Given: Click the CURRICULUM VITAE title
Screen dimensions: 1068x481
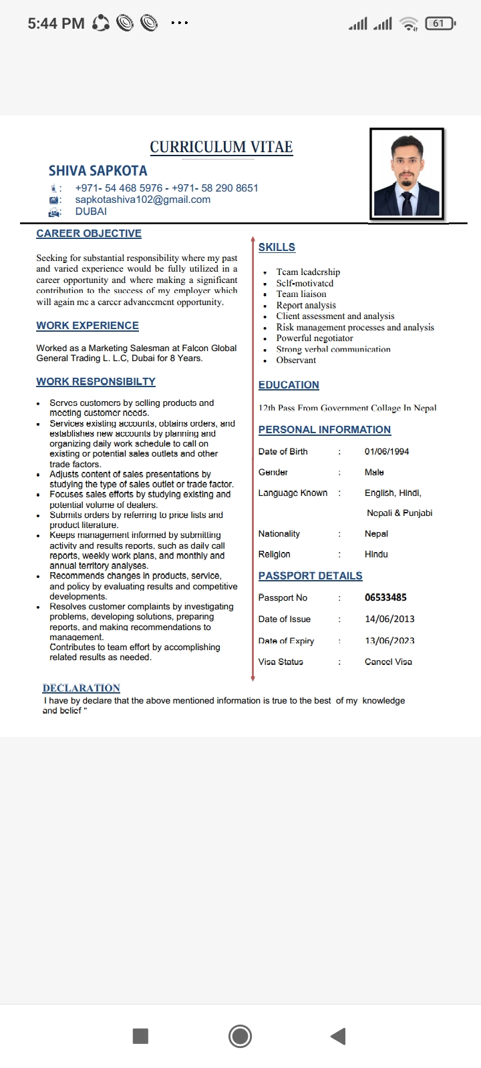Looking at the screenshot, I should click(221, 147).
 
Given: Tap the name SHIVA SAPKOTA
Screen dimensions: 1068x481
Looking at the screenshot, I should click(98, 171).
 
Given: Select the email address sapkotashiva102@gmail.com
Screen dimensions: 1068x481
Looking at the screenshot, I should click(142, 200).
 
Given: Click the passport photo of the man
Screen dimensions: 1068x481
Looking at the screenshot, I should click(406, 174).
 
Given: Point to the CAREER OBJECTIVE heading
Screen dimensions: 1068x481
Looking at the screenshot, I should click(89, 234).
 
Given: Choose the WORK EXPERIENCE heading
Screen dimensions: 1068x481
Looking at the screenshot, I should click(88, 326).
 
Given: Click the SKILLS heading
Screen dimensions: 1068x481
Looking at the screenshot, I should click(277, 247).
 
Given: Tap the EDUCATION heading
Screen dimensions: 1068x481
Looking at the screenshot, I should click(289, 385).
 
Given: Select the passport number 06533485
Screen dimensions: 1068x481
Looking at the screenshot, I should click(385, 597).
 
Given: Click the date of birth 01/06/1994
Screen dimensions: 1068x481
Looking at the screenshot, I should click(387, 452).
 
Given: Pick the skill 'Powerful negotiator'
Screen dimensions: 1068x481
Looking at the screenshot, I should click(315, 338).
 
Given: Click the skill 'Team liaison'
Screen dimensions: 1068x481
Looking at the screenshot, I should click(301, 294).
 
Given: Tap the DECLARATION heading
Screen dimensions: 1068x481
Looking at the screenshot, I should click(82, 688).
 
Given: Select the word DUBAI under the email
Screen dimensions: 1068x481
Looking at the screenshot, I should click(91, 212).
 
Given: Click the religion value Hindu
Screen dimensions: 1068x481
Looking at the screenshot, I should click(376, 555).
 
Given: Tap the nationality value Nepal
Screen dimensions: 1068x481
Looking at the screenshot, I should click(376, 534).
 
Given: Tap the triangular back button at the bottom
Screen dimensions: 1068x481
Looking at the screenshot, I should click(339, 1036).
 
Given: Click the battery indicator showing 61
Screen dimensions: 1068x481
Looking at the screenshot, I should click(440, 23).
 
